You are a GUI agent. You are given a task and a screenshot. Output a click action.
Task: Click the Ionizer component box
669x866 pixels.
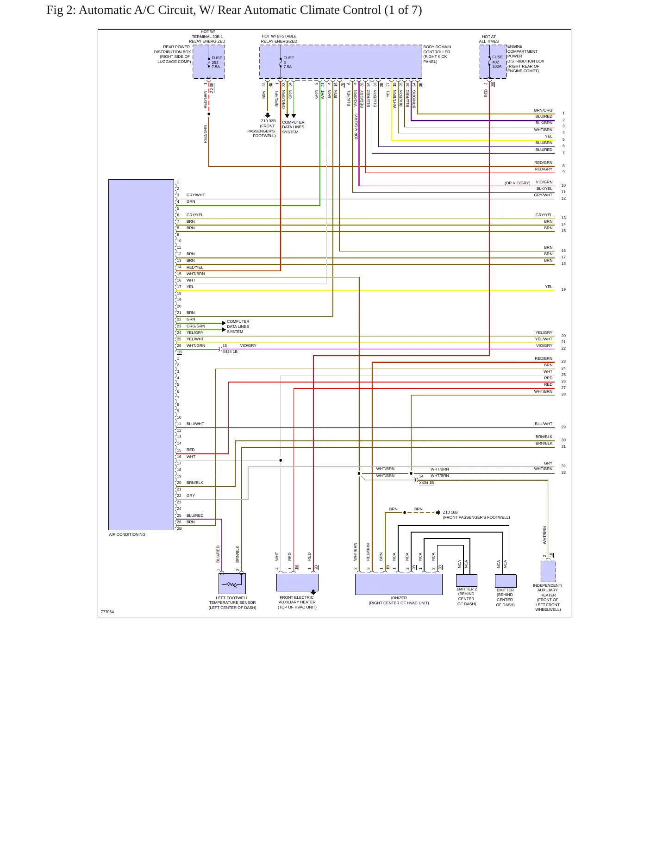point(399,584)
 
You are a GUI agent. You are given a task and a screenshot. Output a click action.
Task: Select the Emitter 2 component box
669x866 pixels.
point(466,580)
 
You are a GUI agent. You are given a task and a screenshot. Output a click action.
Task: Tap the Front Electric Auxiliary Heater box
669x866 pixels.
point(297,583)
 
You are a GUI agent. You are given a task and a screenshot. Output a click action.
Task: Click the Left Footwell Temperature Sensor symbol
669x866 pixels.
point(232,584)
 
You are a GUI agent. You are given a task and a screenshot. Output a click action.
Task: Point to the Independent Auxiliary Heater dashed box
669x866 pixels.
point(548,571)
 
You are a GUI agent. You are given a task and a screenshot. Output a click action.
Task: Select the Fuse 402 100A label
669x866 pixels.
point(497,62)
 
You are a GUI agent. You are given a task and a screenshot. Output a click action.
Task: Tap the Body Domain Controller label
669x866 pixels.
point(437,54)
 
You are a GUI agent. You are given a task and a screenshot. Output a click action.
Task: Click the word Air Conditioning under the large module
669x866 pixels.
point(127,534)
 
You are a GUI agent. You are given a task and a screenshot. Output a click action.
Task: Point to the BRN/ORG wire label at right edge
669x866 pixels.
point(543,111)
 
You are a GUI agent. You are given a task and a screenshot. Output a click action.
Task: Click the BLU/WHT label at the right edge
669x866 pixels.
point(544,424)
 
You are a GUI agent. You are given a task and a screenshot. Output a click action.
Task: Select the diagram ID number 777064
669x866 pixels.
point(107,612)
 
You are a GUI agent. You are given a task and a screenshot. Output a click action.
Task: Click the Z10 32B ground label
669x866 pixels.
point(268,121)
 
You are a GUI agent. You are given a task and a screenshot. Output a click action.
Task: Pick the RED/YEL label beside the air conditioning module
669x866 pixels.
point(195,267)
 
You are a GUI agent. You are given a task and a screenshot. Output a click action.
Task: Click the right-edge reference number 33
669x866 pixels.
point(563,472)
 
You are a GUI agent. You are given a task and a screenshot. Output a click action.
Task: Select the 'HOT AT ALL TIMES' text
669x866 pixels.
point(489,39)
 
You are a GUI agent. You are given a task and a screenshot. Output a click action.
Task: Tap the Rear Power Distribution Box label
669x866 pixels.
point(173,54)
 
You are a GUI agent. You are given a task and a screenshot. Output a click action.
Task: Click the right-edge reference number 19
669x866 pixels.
point(563,289)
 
